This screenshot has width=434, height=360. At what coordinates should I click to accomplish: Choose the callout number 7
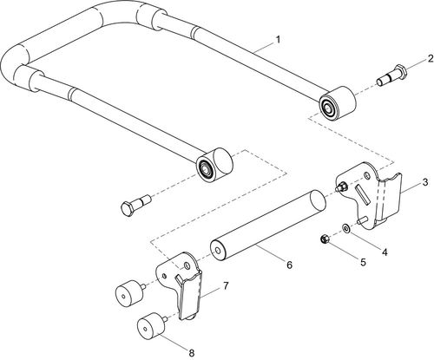pyautogui.click(x=227, y=285)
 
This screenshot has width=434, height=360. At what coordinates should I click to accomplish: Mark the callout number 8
pyautogui.click(x=193, y=352)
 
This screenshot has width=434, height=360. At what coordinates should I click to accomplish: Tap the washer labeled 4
pyautogui.click(x=347, y=229)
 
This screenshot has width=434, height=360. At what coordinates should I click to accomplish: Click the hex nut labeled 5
pyautogui.click(x=323, y=236)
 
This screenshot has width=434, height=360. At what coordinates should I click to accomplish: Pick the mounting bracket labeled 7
pyautogui.click(x=188, y=291)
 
